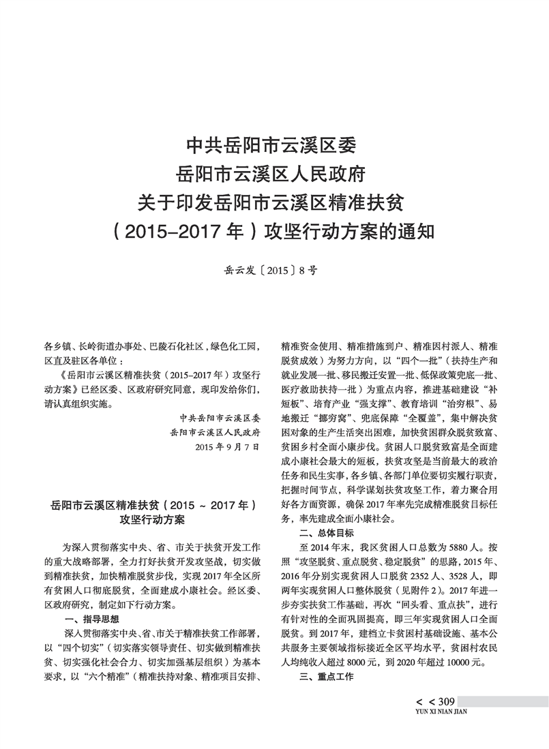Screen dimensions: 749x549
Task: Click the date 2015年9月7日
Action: [x=227, y=447]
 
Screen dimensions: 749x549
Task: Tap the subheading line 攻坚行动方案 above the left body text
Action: [x=152, y=520]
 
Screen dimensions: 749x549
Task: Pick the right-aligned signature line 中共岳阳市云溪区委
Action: [x=220, y=418]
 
